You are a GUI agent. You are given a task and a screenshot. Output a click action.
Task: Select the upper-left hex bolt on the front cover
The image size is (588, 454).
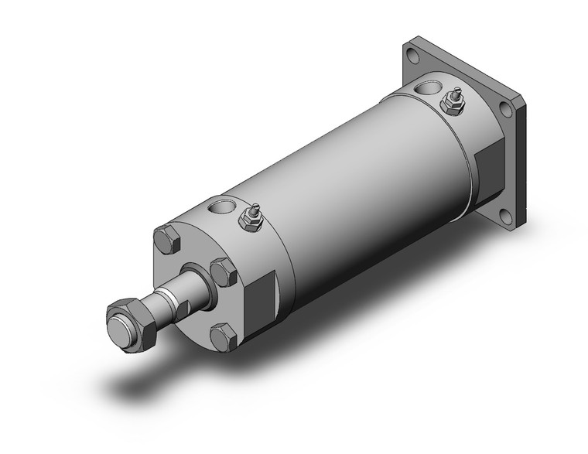point(166,241)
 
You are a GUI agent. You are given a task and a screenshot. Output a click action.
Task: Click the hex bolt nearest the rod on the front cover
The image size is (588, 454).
point(223,272)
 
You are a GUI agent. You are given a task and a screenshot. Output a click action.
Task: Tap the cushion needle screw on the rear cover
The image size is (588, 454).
point(451,102)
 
